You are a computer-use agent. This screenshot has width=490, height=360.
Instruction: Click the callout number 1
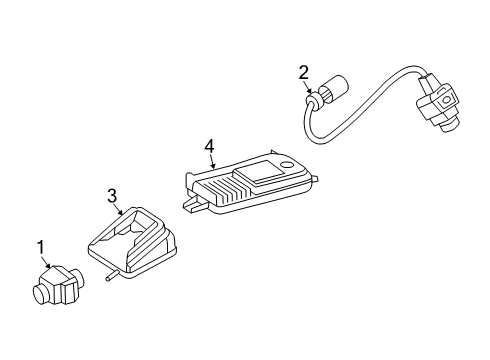40,248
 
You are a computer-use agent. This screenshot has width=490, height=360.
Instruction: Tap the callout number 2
304,73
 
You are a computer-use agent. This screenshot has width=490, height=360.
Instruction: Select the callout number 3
112,196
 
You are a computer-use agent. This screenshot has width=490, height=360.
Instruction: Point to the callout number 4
209,147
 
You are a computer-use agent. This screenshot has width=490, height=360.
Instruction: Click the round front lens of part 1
42,294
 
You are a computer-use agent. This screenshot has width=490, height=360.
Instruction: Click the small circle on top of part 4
286,165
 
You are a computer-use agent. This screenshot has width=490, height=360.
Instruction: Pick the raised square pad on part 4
258,173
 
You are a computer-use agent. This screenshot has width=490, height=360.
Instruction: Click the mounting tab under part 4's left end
193,204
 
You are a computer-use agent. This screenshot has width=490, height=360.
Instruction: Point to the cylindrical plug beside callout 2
334,89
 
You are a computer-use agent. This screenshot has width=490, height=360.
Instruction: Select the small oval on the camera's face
446,99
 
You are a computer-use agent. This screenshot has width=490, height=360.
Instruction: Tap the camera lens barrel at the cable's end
447,126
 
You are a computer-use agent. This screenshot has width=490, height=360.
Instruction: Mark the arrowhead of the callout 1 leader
49,266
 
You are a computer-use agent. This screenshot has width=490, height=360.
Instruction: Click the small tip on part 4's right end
315,179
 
